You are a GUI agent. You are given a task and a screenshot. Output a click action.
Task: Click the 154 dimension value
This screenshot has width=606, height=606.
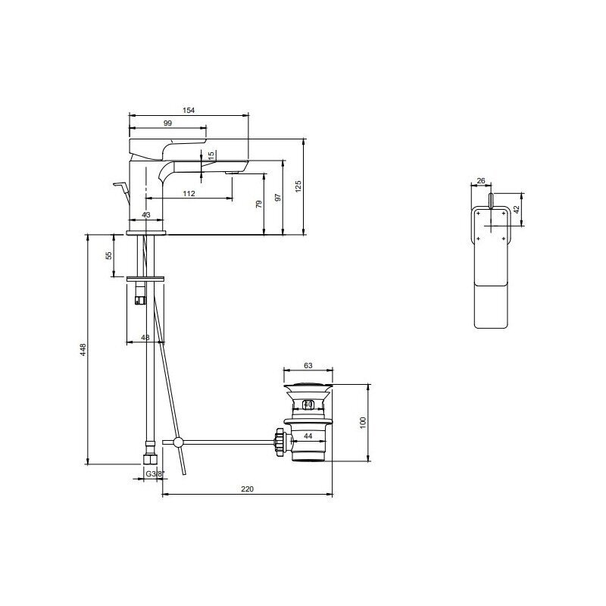click(189, 110)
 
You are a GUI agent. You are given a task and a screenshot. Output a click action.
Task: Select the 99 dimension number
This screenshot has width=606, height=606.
click(167, 123)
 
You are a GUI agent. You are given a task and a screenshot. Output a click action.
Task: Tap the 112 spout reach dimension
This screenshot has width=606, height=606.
click(189, 194)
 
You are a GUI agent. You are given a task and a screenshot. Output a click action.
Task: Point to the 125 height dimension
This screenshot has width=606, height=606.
click(298, 186)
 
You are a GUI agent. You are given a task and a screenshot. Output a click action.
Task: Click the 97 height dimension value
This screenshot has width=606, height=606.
click(277, 198)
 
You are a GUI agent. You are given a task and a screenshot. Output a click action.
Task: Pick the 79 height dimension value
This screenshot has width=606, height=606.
click(259, 204)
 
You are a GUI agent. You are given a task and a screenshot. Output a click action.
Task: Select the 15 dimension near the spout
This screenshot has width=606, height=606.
click(211, 155)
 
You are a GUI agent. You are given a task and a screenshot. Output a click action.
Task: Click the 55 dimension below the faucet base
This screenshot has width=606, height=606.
click(109, 255)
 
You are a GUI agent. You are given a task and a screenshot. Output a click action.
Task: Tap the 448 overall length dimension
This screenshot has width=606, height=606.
click(83, 349)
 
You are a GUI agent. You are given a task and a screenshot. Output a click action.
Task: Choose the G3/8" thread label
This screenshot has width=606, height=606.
click(155, 474)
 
